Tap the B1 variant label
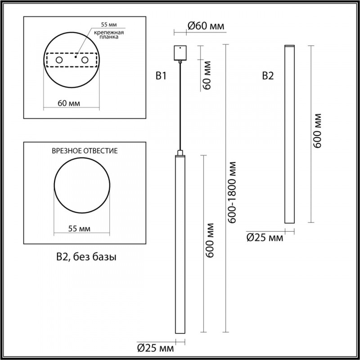161,76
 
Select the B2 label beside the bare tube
268,76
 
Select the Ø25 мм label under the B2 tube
265,238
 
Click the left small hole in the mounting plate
59,59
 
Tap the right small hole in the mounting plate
85,59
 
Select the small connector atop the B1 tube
180,153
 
